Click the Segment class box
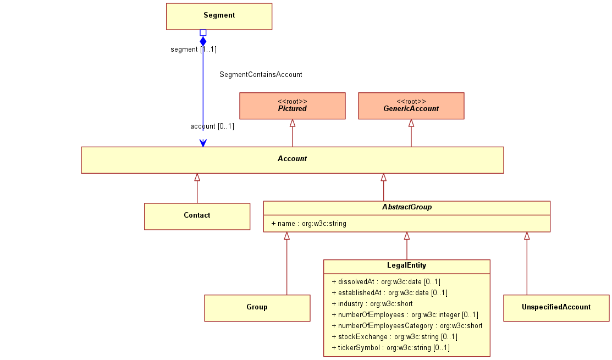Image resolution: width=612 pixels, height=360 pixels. (x=219, y=16)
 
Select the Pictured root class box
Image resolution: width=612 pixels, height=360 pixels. (x=293, y=106)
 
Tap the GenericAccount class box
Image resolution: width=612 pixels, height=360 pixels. (x=411, y=106)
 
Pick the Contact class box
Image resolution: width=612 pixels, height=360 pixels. (x=197, y=217)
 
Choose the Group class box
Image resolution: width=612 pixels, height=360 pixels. (x=257, y=308)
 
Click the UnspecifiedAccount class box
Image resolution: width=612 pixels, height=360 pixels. (x=556, y=308)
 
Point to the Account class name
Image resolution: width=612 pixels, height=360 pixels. (x=292, y=159)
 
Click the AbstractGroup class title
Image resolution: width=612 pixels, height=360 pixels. (x=407, y=207)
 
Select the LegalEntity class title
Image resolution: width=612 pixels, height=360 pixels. (x=407, y=265)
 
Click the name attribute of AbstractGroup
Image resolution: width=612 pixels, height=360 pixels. (x=308, y=224)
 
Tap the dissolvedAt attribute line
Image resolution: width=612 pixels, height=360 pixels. (x=386, y=281)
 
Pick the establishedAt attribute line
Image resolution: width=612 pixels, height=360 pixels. (x=389, y=292)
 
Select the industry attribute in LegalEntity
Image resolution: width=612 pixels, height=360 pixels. (x=372, y=303)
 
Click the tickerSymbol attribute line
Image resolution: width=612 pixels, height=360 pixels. (x=391, y=347)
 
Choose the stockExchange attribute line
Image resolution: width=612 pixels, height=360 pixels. (x=395, y=336)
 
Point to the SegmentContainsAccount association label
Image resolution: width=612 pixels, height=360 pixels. (x=261, y=75)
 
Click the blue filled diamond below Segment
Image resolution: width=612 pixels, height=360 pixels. (x=203, y=41)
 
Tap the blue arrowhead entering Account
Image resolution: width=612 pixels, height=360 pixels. (x=203, y=143)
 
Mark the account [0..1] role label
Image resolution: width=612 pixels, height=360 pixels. (x=212, y=126)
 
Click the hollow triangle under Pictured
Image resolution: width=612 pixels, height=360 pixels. (x=293, y=123)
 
